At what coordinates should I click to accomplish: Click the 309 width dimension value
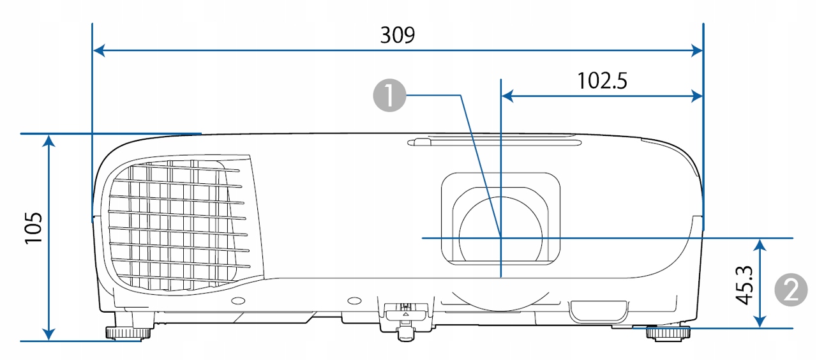tap(398, 35)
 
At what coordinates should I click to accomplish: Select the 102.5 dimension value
tap(603, 80)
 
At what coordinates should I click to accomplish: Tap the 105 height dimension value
tap(34, 228)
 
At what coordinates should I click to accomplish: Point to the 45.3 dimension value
tap(744, 285)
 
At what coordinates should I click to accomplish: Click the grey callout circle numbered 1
tap(389, 96)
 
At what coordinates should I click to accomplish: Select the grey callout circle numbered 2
tap(791, 290)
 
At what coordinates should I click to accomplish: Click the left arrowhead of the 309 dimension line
tap(99, 50)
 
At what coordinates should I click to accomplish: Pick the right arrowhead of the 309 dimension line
tap(696, 50)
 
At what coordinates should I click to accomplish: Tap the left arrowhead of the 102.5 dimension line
tap(507, 96)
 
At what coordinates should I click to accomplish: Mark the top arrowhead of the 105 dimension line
tap(49, 140)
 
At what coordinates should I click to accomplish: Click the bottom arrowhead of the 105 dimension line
tap(49, 334)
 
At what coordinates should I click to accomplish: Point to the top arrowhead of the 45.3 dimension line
tap(760, 245)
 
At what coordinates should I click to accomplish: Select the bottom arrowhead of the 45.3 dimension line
tap(760, 321)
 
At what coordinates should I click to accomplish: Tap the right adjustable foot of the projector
tap(668, 333)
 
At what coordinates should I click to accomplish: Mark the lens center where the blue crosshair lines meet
tap(501, 238)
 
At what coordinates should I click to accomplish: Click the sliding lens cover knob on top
tap(419, 142)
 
